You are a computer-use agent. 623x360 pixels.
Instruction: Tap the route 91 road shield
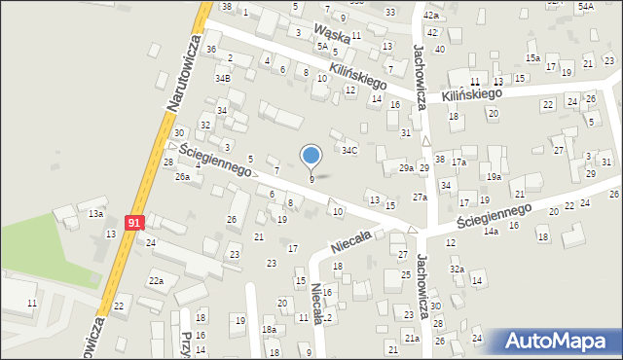pyautogui.click(x=135, y=223)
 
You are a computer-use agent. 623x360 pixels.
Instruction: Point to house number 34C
pyautogui.click(x=348, y=150)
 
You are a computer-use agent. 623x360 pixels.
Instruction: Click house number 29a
pyautogui.click(x=406, y=168)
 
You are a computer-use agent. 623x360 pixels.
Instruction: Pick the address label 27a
pyautogui.click(x=420, y=198)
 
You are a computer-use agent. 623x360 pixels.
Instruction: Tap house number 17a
pyautogui.click(x=458, y=162)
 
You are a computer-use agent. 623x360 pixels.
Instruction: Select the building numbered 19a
pyautogui.click(x=495, y=176)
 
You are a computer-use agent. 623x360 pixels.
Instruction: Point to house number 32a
pyautogui.click(x=456, y=269)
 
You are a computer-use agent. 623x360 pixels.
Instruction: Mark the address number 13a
pyautogui.click(x=95, y=213)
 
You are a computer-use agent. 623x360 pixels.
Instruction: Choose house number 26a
pyautogui.click(x=182, y=177)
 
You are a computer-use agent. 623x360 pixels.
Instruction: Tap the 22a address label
pyautogui.click(x=156, y=281)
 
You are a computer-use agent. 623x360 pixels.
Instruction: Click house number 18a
pyautogui.click(x=269, y=330)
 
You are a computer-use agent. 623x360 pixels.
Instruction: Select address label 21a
pyautogui.click(x=412, y=338)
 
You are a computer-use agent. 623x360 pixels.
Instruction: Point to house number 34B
pyautogui.click(x=223, y=78)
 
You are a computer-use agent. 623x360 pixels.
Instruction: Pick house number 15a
pyautogui.click(x=532, y=58)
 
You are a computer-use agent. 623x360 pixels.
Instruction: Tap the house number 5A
pyautogui.click(x=321, y=46)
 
